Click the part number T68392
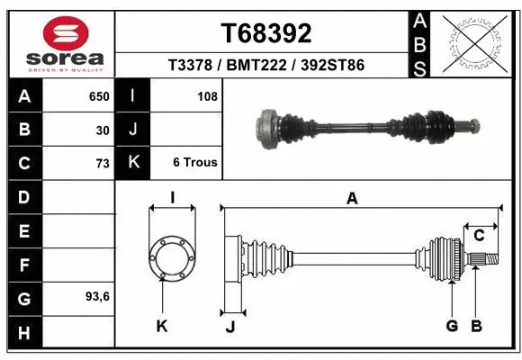pyautogui.click(x=266, y=34)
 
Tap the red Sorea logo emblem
pyautogui.click(x=66, y=35)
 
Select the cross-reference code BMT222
pyautogui.click(x=265, y=65)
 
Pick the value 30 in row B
pyautogui.click(x=103, y=130)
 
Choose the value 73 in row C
pyautogui.click(x=102, y=164)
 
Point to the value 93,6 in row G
pyautogui.click(x=98, y=296)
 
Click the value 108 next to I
pyautogui.click(x=207, y=94)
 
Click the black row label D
pyautogui.click(x=23, y=197)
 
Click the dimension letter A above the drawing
pyautogui.click(x=352, y=199)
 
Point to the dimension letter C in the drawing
pyautogui.click(x=479, y=236)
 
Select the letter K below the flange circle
pyautogui.click(x=162, y=326)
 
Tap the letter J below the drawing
pyautogui.click(x=229, y=327)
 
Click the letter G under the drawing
pyautogui.click(x=452, y=326)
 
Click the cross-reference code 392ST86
pyautogui.click(x=329, y=65)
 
